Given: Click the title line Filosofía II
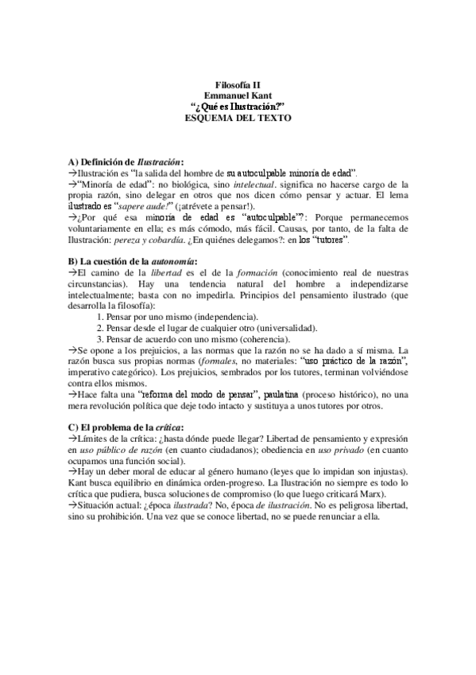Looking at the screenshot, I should [238, 84].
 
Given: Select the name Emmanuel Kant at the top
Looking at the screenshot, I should [238, 95].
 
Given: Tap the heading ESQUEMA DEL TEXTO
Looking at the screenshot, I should [238, 117].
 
